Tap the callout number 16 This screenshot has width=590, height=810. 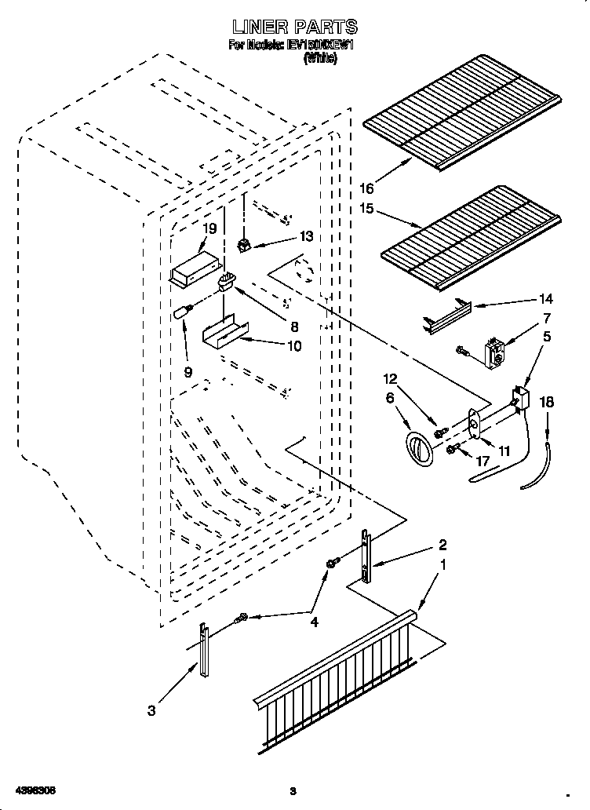tap(366, 188)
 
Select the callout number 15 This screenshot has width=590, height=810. tap(366, 210)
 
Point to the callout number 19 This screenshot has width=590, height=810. tap(209, 228)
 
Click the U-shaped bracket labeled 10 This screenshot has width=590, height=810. tap(222, 331)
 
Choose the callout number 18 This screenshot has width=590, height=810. tap(547, 402)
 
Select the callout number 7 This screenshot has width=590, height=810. tap(546, 318)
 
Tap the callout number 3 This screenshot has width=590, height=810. tap(151, 711)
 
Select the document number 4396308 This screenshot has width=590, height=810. tap(34, 789)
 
